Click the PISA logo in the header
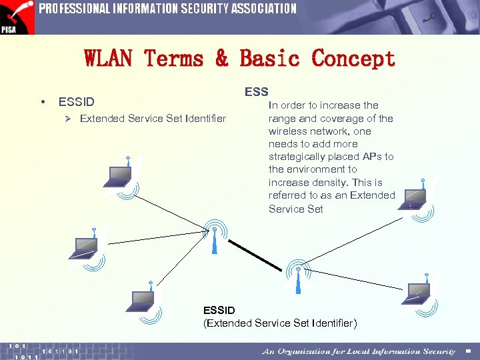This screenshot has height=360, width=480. (x=17, y=17)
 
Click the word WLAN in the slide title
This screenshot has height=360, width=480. (x=109, y=59)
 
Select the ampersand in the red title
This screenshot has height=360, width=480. (x=221, y=59)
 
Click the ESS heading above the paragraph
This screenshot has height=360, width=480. (x=256, y=92)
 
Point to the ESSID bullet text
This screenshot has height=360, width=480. (x=77, y=102)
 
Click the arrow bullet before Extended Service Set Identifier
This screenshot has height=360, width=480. (x=67, y=119)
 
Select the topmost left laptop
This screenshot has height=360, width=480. (x=119, y=175)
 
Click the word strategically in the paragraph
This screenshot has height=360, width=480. (x=297, y=157)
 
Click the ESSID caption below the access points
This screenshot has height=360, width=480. (x=219, y=310)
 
